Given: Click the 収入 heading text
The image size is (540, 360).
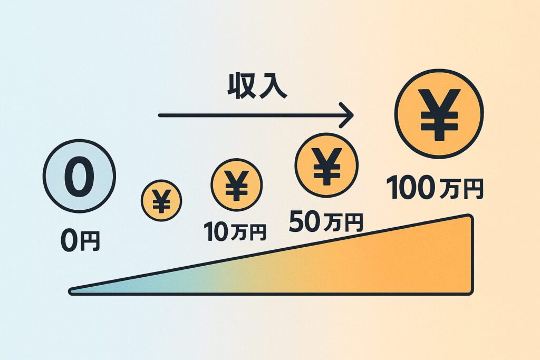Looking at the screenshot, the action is pos(257,86).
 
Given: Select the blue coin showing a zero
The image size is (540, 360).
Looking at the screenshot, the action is pos(79,176).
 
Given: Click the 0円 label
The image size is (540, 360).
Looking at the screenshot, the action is pos(80,240).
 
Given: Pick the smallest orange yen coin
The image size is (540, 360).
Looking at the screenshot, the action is pos(161,200).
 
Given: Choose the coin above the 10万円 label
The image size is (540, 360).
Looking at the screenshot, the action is pos(237,185).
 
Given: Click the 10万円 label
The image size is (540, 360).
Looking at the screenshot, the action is pos(235,231).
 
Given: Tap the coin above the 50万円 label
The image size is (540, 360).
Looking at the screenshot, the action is pos(326,165).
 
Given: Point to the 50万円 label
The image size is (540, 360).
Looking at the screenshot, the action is pos(326,222).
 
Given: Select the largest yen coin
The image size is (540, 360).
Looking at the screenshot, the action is pos(439,114).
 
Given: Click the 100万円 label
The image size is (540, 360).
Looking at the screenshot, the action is pos(435,188).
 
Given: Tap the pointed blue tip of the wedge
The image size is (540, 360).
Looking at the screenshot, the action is pos(71,291).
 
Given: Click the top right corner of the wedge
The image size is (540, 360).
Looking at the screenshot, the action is pos(470,217).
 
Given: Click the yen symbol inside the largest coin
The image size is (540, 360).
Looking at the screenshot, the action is pos(439,114).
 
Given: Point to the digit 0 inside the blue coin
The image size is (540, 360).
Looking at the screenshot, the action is pos(79,176).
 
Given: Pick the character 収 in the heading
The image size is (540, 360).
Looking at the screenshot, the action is pos(241,86).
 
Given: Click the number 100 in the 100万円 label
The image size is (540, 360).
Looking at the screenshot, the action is pos(410,188).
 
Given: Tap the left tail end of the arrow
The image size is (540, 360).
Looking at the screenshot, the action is pos(160,115).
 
